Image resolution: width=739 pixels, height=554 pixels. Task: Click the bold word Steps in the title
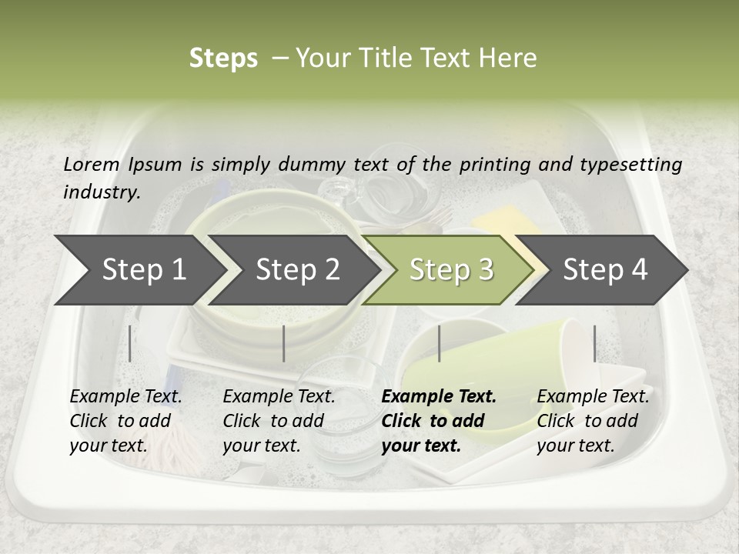223,58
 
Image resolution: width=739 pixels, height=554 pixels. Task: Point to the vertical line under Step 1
129,343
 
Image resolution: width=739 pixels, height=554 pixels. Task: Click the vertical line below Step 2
284,343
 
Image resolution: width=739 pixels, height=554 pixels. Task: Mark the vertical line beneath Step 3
439,343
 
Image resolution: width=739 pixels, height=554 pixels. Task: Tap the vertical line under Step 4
594,343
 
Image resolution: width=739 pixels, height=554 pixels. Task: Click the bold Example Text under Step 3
439,420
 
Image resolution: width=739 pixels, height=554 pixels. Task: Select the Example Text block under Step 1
126,420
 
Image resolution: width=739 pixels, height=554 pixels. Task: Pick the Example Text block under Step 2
279,420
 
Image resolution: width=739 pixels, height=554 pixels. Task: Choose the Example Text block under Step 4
593,420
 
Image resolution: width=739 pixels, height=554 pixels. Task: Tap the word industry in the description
101,192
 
